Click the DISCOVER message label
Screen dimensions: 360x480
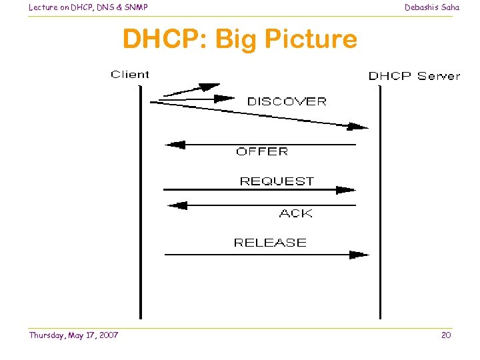coord(287,101)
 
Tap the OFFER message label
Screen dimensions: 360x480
coord(262,151)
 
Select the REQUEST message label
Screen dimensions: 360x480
coord(277,181)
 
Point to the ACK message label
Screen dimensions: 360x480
coord(295,213)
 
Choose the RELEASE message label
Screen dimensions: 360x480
coord(270,243)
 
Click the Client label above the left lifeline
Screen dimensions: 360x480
coord(130,75)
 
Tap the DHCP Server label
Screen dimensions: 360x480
coord(414,75)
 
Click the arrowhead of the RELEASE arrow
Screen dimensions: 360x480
coord(359,254)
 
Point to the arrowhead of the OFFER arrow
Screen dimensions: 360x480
coord(174,145)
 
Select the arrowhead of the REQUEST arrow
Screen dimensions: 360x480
coord(346,189)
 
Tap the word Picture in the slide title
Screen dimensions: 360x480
coord(311,39)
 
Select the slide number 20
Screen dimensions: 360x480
coord(446,335)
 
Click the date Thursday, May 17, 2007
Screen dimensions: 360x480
coord(73,335)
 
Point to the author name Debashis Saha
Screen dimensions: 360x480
coord(432,7)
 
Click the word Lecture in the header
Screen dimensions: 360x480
coord(43,7)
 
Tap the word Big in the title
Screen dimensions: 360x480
coord(238,39)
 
